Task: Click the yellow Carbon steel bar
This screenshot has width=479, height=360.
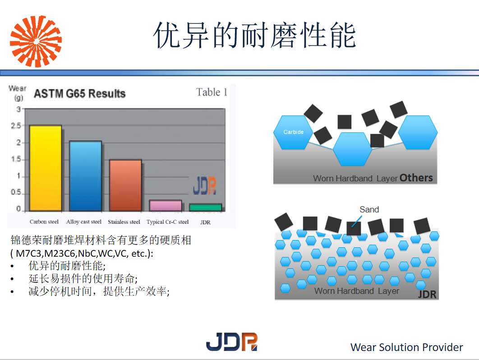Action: (x=45, y=168)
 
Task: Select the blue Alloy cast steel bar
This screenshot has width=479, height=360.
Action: (x=85, y=176)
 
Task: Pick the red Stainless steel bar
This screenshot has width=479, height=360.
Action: (x=125, y=185)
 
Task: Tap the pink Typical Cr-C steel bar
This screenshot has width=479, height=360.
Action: (x=165, y=206)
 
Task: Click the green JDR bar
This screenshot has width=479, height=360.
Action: (x=205, y=208)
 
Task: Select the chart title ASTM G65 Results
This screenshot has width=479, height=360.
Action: (x=79, y=94)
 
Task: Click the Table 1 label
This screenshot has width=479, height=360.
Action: (x=212, y=92)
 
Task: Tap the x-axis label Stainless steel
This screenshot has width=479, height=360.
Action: (x=124, y=222)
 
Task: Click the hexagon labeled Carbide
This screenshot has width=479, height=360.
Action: (x=294, y=132)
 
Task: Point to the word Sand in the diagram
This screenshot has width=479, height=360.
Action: (x=369, y=209)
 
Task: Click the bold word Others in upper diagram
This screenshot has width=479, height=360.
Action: (x=416, y=178)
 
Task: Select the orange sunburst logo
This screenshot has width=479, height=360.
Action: (x=36, y=41)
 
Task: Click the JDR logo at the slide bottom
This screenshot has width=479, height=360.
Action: (x=231, y=342)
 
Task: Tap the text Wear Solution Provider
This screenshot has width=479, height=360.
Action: (x=406, y=347)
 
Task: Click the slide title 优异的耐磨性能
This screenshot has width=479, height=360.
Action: (x=254, y=35)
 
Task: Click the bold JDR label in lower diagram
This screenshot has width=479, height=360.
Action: (x=427, y=295)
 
